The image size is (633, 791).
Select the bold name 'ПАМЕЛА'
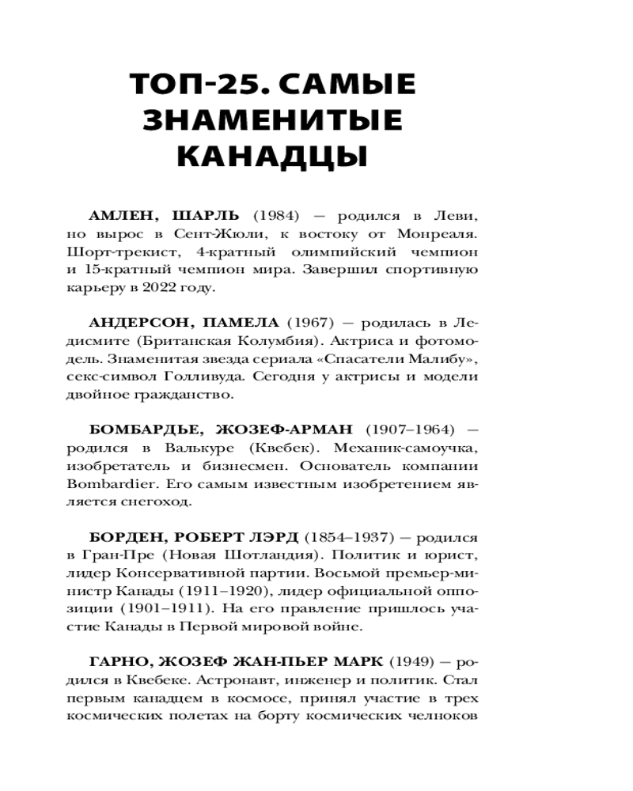[241, 323]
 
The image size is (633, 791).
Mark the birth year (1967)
[303, 323]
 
